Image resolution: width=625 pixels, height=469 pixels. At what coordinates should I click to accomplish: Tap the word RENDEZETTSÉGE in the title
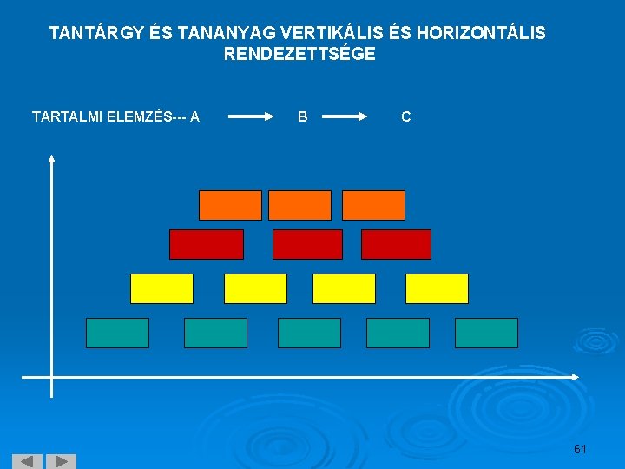(299, 54)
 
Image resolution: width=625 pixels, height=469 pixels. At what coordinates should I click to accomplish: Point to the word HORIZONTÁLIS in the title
(481, 34)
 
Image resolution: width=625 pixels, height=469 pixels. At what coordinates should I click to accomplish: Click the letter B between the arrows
(302, 116)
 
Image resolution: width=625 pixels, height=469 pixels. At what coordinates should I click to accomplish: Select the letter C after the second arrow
(406, 116)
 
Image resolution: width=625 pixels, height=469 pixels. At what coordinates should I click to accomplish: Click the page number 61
(580, 449)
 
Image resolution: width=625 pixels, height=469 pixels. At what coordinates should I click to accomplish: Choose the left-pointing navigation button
(27, 461)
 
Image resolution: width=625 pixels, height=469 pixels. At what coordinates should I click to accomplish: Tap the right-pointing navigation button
(61, 461)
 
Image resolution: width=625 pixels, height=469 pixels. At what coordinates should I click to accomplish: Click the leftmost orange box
(230, 205)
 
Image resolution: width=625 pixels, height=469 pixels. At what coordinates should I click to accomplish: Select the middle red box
(307, 244)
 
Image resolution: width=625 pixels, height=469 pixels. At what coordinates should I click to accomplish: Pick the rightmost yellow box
(437, 288)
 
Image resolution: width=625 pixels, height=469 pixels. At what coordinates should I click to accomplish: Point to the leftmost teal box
(117, 333)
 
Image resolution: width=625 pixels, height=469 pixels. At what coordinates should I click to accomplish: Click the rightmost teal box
(486, 333)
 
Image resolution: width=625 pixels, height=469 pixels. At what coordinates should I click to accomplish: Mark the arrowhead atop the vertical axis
(52, 159)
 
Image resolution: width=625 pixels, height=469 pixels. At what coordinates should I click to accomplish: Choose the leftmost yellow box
(161, 288)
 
